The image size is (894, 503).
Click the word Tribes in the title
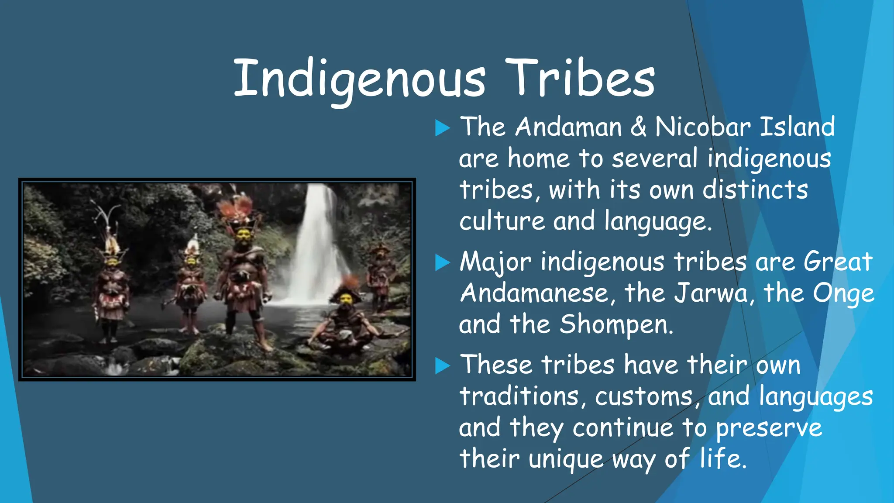(x=580, y=79)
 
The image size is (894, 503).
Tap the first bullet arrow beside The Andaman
(x=442, y=128)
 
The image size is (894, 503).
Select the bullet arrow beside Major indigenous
(x=442, y=263)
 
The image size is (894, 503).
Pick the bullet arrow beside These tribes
(x=442, y=366)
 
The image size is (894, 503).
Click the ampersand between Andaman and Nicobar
(x=638, y=127)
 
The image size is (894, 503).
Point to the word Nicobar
(x=703, y=127)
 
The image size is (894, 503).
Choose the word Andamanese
(x=533, y=293)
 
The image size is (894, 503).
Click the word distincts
(x=755, y=190)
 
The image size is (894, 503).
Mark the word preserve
(x=769, y=428)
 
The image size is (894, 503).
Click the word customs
(x=643, y=396)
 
